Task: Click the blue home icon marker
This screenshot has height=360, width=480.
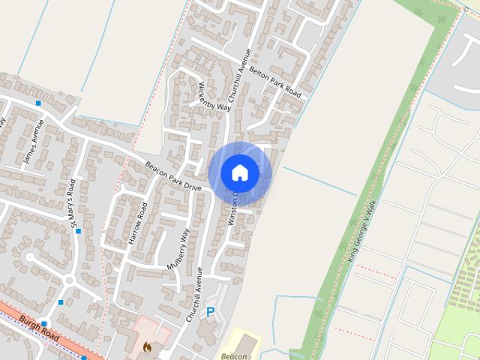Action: (x=239, y=172)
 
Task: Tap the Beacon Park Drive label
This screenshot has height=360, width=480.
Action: (x=174, y=176)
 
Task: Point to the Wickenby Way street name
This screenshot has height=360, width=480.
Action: (x=215, y=95)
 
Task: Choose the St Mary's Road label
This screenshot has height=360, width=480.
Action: (x=73, y=202)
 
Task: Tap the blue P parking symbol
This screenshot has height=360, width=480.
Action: (x=211, y=311)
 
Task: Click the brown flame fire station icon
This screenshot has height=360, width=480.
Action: (x=148, y=346)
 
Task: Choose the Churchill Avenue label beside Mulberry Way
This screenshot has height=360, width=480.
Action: (x=196, y=295)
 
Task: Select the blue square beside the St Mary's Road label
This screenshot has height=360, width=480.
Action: (x=78, y=231)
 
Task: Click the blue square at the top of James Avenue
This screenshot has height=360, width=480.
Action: (x=38, y=102)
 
